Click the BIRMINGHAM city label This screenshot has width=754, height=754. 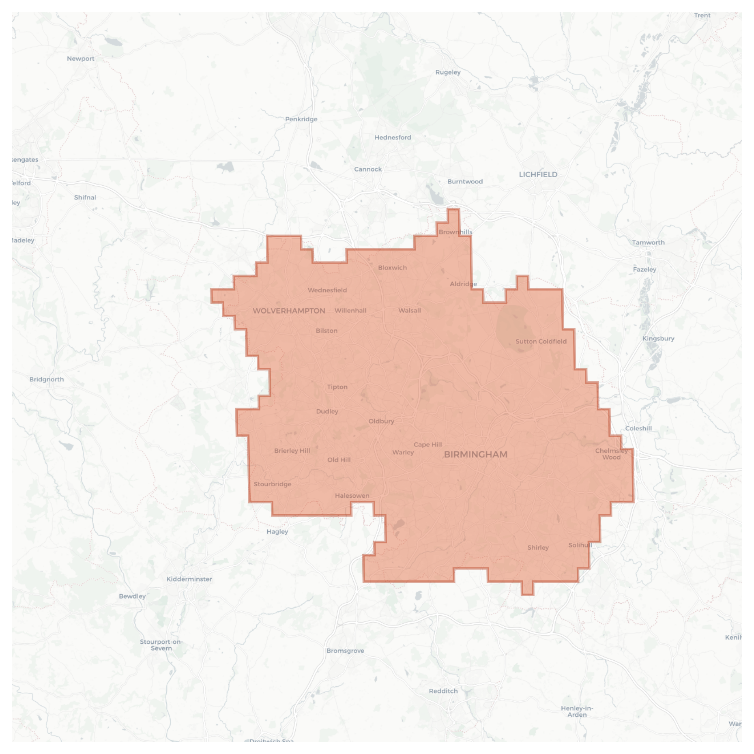click(475, 454)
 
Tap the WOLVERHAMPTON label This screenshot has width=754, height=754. click(289, 311)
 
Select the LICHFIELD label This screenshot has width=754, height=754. click(538, 174)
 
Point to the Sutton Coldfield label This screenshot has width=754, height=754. click(541, 342)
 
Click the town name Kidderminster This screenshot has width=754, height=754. click(189, 579)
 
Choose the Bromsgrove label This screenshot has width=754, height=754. click(345, 651)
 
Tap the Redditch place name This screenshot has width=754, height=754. click(443, 691)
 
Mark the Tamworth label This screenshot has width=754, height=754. click(648, 243)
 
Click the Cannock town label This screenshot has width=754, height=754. click(367, 169)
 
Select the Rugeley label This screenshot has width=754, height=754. click(448, 72)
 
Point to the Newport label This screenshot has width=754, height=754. click(80, 58)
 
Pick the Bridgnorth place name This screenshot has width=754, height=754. click(47, 379)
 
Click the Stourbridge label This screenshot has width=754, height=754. click(273, 484)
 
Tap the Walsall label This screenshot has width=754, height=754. click(409, 311)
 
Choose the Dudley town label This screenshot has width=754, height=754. click(327, 411)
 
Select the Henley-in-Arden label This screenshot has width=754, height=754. click(577, 711)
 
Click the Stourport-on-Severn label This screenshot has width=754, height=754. click(161, 645)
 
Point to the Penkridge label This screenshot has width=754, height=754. click(301, 119)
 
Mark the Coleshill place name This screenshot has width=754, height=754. click(638, 428)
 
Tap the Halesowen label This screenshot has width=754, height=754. click(352, 496)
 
